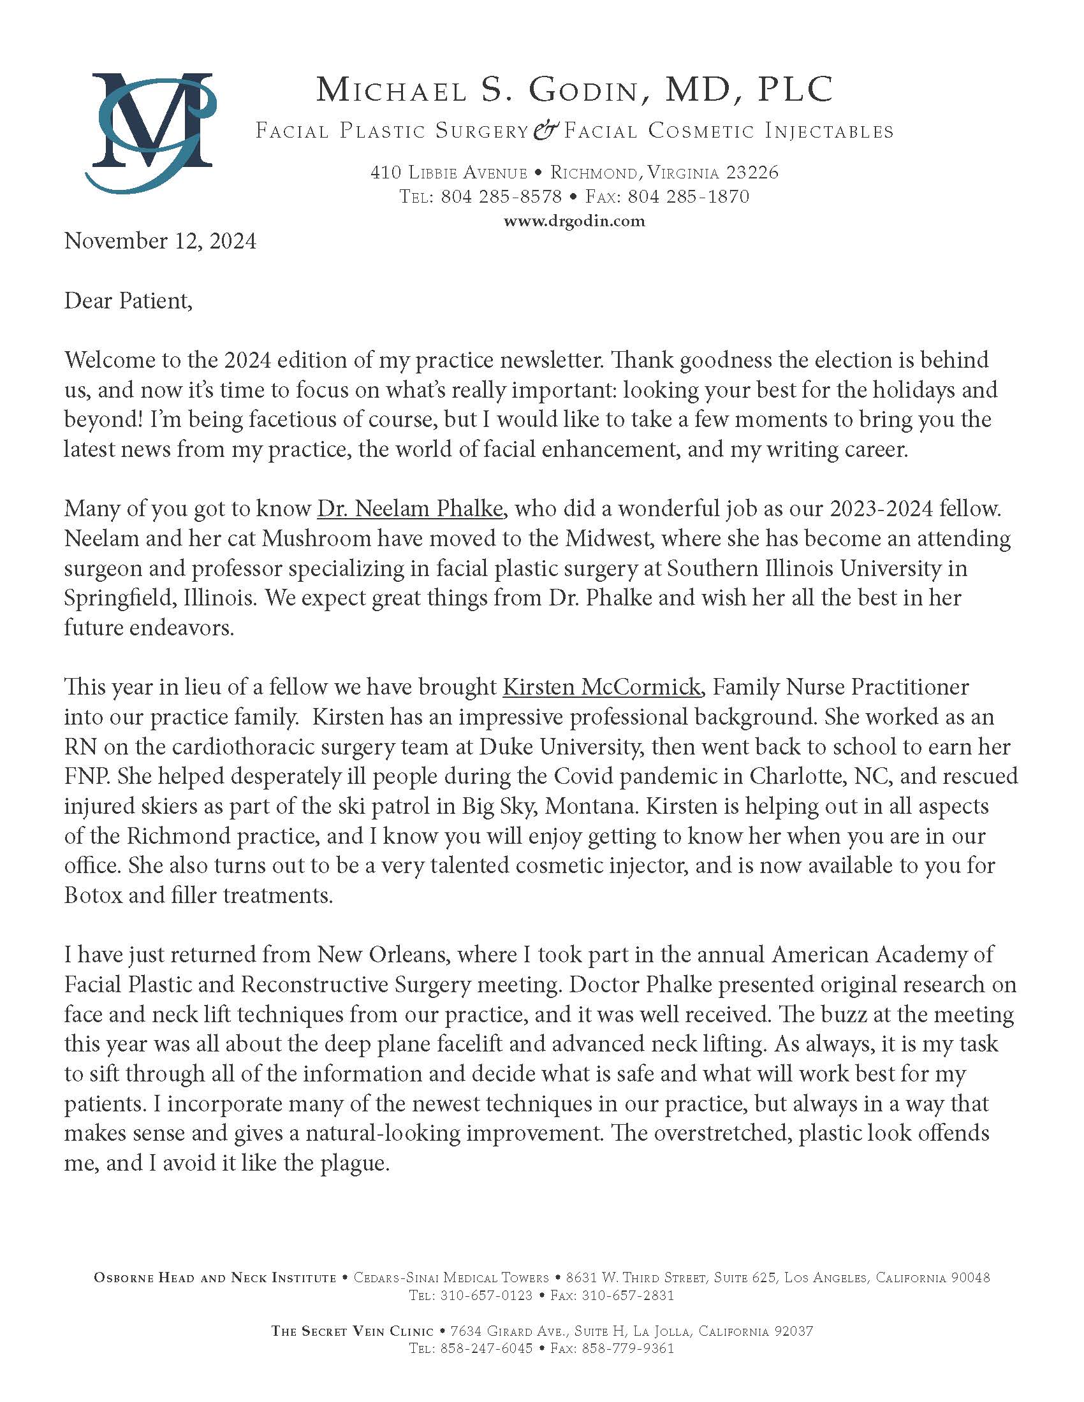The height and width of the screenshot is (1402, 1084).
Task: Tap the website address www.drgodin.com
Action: click(573, 222)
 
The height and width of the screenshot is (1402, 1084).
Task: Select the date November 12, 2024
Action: click(160, 242)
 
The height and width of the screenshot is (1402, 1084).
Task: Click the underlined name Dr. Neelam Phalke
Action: click(410, 509)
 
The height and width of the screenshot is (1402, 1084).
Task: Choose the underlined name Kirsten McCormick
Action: click(601, 687)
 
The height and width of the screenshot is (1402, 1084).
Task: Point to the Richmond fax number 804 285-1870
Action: click(688, 196)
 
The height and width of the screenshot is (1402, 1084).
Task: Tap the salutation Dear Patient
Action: click(128, 301)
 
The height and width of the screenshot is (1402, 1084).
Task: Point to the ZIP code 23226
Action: click(752, 172)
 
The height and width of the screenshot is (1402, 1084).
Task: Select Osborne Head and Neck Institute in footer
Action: click(215, 1278)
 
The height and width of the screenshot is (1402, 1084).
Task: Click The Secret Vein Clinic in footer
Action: click(353, 1331)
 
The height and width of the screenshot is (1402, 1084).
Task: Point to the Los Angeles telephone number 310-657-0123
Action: click(485, 1296)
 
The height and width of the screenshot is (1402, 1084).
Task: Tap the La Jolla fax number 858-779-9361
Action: click(627, 1348)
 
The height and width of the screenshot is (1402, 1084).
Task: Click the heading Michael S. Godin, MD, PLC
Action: click(574, 90)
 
